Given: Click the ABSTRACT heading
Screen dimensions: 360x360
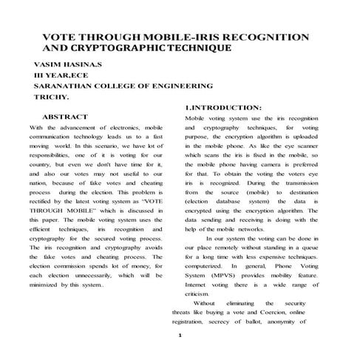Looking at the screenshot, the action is click(65, 117).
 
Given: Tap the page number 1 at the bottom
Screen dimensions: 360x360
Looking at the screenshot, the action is click(180, 335).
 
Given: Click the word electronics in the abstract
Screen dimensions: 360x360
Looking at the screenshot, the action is click(123, 128).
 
